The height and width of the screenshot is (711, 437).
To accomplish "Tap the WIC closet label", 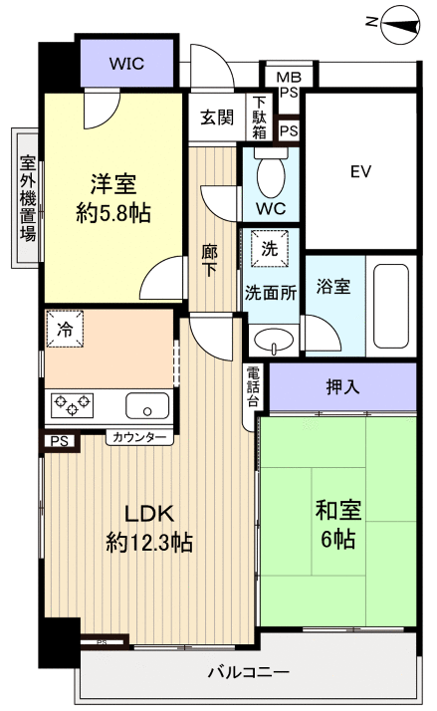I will tap(126, 63).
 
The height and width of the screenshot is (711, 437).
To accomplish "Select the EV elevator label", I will tap(359, 171).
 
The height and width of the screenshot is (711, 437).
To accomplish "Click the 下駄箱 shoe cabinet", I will tap(259, 117).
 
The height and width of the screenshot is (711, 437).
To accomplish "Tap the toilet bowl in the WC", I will tap(270, 177).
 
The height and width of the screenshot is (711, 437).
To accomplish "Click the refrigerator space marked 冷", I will tap(65, 330).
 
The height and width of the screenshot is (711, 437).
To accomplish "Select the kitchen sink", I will tap(147, 405).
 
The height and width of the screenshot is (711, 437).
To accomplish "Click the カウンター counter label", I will tap(139, 436).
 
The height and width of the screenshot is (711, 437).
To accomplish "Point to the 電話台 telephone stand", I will tap(254, 386).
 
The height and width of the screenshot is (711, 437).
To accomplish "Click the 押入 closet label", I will tap(342, 385).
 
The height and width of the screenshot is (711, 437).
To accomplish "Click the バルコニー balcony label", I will tap(248, 671).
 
